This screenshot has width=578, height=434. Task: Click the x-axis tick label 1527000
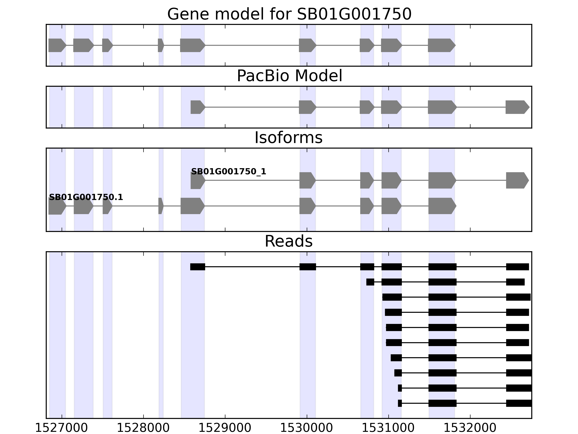click(61, 428)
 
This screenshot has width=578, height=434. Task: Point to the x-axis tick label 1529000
click(225, 428)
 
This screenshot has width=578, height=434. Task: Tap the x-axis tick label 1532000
click(470, 428)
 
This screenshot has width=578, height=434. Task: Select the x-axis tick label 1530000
click(307, 428)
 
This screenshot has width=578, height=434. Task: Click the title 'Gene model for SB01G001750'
click(289, 14)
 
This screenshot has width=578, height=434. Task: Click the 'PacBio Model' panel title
click(289, 76)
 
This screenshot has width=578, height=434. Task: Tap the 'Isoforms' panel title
click(288, 138)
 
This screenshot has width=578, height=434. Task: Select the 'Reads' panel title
click(288, 241)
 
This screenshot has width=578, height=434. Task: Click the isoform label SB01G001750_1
click(229, 172)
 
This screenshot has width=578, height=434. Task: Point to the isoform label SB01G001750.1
click(86, 197)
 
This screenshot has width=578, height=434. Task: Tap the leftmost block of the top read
click(198, 267)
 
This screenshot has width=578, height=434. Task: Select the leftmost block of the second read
click(370, 282)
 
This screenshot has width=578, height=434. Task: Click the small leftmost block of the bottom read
click(400, 403)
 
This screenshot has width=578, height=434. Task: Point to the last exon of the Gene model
click(441, 45)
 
